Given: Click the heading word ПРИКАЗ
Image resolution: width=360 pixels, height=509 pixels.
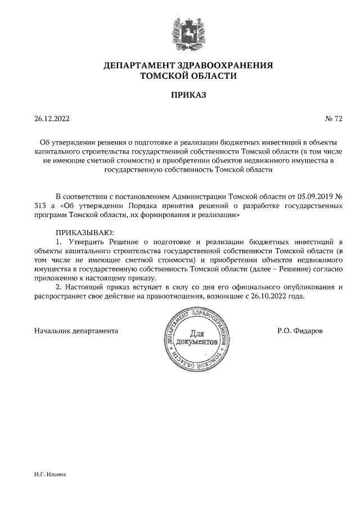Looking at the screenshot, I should [188, 95].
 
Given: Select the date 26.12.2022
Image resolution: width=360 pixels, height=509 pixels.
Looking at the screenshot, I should [52, 119].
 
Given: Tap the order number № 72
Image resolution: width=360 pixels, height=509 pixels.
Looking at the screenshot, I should [334, 119].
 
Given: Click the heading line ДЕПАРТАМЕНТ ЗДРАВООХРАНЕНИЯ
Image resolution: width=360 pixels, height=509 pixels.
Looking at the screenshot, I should [188, 66].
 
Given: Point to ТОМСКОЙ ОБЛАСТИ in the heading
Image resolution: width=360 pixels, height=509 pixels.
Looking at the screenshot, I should [188, 75].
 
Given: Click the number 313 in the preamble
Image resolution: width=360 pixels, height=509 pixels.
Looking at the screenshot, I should [40, 206].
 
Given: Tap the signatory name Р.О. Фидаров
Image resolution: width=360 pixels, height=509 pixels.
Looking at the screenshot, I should [300, 331].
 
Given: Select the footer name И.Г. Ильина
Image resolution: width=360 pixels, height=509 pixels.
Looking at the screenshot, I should [50, 475].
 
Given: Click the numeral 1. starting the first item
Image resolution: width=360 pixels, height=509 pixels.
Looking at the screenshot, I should [59, 242].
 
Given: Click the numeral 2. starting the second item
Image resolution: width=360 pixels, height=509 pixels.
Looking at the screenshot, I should [59, 287].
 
